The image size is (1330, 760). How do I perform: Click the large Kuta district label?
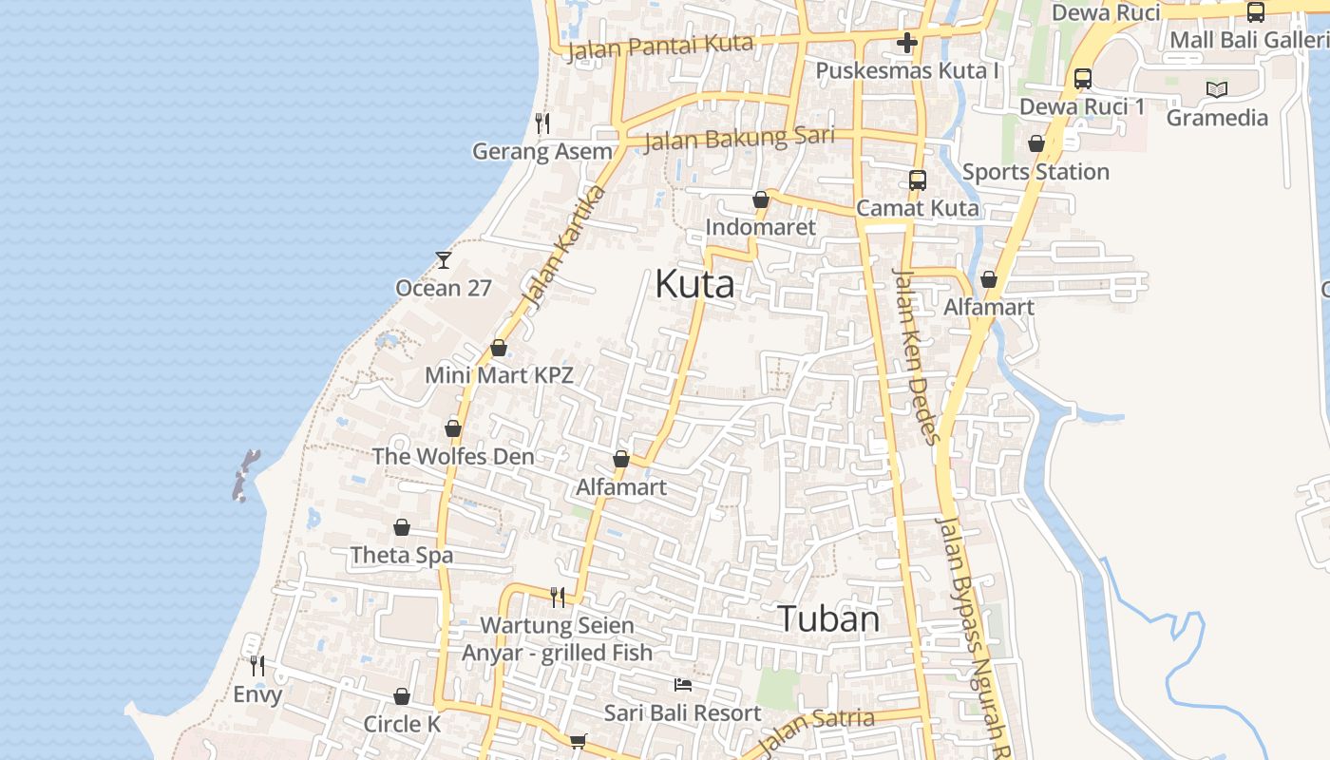coord(694,284)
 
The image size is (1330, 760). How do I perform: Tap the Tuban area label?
coord(829,618)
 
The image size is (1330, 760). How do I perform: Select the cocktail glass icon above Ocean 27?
coord(444,259)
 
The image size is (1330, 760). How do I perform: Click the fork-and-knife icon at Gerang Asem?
coord(542,123)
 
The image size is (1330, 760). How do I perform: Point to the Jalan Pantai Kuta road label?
coord(661,46)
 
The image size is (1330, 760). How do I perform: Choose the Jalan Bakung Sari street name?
coord(739,139)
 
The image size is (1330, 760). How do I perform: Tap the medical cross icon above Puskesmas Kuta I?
coord(907,42)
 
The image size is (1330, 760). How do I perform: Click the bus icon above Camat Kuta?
coord(918,180)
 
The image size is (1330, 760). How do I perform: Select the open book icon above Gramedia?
coord(1217,89)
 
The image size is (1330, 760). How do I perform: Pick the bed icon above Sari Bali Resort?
coord(683,685)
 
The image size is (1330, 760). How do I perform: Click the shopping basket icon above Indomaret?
coord(761,199)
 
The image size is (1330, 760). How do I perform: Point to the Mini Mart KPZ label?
coord(499,374)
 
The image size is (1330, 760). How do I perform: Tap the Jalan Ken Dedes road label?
coord(917,356)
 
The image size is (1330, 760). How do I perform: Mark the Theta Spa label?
coord(402,555)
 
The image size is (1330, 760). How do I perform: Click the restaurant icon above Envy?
coord(257,665)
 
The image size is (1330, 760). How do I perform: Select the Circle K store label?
coord(402,724)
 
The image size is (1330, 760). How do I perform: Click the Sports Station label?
coord(1035,172)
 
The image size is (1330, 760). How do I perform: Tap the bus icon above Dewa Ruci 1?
coord(1083,78)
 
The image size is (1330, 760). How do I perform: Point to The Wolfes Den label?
coord(453,456)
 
